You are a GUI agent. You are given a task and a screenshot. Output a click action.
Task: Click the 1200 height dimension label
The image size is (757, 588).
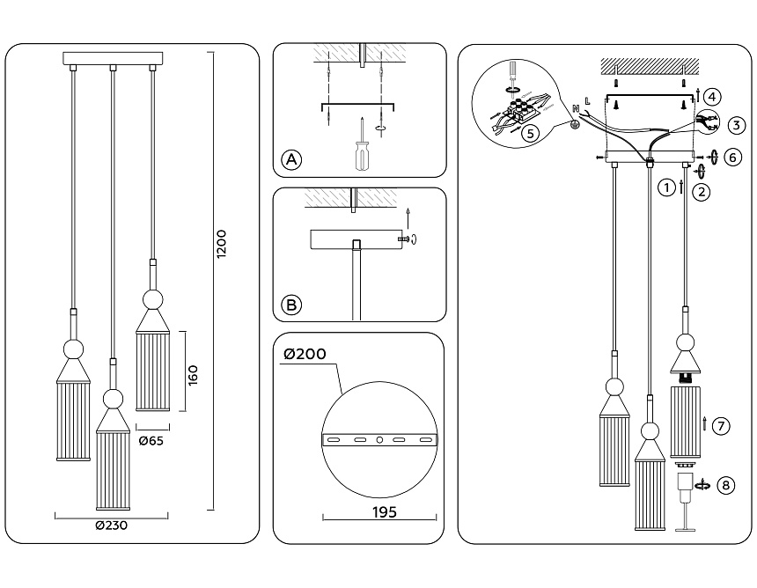click(222, 244)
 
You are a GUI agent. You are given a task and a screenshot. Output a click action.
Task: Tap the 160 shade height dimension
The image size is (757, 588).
click(194, 373)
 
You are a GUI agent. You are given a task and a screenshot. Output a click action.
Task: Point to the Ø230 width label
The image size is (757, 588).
click(114, 526)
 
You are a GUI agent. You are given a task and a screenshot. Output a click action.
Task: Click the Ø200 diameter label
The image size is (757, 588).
click(305, 355)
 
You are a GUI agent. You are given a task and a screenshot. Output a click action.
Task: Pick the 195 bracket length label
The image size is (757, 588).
click(381, 511)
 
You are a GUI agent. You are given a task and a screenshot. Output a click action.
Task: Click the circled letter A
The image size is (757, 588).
click(291, 159)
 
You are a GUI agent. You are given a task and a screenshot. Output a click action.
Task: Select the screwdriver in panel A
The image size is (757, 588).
click(361, 150)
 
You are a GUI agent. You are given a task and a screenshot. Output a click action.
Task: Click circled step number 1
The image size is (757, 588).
click(667, 187)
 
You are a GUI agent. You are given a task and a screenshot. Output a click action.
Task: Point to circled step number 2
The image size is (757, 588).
click(701, 191)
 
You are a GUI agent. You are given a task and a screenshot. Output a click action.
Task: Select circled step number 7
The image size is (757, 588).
click(720, 426)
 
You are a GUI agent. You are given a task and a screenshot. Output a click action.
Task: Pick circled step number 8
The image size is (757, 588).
click(724, 485)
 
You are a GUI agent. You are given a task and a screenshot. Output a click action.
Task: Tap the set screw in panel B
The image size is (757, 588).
click(404, 239)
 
